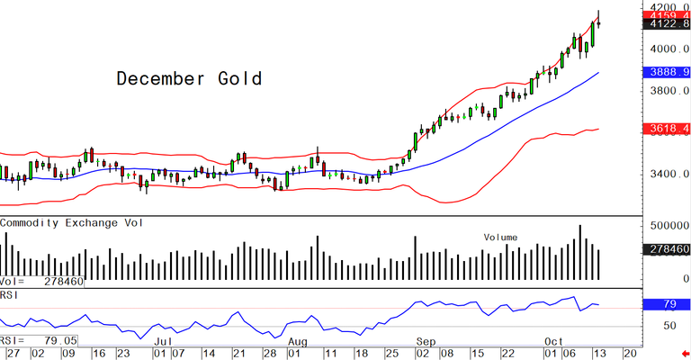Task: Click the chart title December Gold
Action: (189, 79)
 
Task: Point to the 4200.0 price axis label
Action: (667, 5)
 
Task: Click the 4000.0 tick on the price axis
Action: (667, 49)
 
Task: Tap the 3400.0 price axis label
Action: (667, 174)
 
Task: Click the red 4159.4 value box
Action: (667, 15)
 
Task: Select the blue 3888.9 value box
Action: (667, 70)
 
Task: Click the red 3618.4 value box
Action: (667, 130)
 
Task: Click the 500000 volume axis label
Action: (667, 224)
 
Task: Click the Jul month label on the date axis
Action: (162, 342)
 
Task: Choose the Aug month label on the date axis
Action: (298, 342)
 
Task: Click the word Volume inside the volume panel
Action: (500, 238)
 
